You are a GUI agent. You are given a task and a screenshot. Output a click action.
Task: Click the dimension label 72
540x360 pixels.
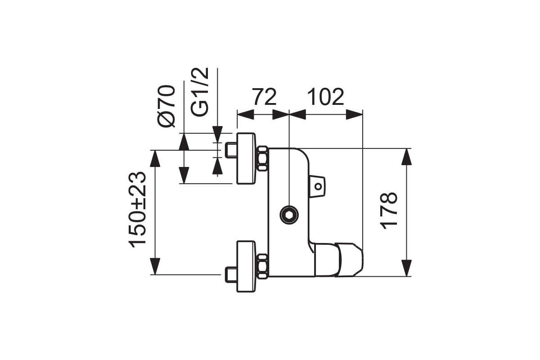(x=264, y=97)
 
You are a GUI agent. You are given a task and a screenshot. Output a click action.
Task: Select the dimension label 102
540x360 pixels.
(x=325, y=97)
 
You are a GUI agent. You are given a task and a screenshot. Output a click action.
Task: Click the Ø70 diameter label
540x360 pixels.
(x=166, y=106)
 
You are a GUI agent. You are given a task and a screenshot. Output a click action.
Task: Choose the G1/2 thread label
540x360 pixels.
(x=200, y=92)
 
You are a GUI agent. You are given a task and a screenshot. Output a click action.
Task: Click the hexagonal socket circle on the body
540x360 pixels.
(x=288, y=215)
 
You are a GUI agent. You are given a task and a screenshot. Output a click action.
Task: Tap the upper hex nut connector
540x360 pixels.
(x=262, y=158)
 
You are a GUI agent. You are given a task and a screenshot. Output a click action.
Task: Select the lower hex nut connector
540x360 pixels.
(x=262, y=265)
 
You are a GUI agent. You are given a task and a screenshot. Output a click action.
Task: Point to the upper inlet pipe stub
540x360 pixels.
(x=231, y=150)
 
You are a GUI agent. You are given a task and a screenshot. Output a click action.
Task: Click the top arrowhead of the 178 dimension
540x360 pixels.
(x=406, y=156)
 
